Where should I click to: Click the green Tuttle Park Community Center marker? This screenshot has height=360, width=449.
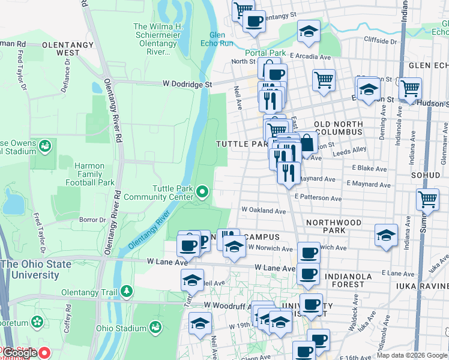pos(202,192)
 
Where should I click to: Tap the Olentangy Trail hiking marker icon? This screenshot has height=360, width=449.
pos(126,292)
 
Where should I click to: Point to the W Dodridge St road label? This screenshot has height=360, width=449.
pos(187,85)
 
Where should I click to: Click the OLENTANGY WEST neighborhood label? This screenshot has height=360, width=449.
pos(67,49)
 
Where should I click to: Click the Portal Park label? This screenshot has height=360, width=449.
pos(265,53)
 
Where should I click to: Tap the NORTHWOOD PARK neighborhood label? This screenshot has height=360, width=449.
pos(334,226)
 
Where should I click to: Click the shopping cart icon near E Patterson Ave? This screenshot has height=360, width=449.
pos(428,199)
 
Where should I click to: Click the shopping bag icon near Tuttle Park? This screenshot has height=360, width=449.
pos(307,143)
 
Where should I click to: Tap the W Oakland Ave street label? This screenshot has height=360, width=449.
pos(264,211)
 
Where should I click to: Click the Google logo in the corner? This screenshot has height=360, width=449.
pos(20,353)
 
